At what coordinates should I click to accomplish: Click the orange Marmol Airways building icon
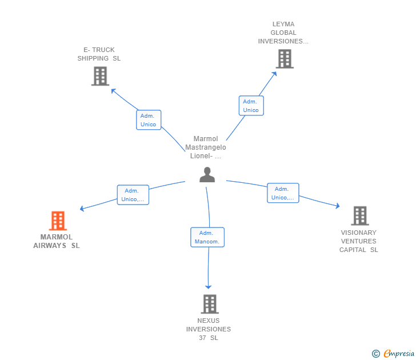point(58,221)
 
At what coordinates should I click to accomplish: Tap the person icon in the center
point(207,174)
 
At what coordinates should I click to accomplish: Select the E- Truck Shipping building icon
point(101,76)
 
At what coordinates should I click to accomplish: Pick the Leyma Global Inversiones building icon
point(285,59)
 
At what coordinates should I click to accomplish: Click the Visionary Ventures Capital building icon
point(360,215)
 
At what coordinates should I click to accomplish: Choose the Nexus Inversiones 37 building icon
point(210,304)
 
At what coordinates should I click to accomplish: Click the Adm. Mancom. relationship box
point(207,237)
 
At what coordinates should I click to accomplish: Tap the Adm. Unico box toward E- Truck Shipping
point(149,120)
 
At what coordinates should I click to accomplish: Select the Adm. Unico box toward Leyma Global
point(251,106)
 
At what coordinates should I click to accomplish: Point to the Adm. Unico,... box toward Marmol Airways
point(133,195)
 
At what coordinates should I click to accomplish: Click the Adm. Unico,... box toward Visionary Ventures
point(283,193)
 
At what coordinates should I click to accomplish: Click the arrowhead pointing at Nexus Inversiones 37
point(208,287)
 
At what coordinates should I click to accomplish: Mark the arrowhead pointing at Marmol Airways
point(82,209)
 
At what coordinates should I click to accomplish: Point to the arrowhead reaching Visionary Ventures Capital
point(338,206)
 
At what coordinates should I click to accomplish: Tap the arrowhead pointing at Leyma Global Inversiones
point(275,74)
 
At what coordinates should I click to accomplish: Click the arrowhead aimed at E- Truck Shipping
point(113,91)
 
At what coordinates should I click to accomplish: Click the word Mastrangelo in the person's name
point(206,147)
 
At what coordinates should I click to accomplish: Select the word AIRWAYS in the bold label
point(50,246)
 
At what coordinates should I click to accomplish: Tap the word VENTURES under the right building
point(359,241)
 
